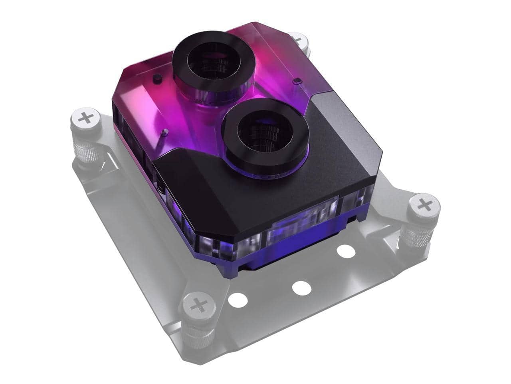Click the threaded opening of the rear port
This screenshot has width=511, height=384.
214,60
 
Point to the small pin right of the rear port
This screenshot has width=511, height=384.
296,82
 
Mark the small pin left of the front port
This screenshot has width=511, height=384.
163,132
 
